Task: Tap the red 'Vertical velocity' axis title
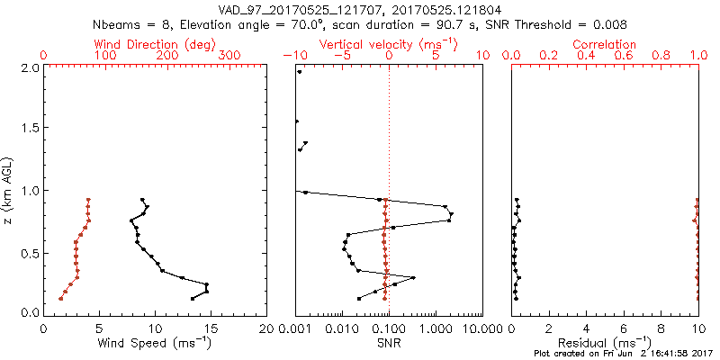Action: click(x=389, y=44)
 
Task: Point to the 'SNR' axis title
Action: click(x=389, y=343)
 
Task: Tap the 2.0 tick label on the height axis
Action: click(x=30, y=67)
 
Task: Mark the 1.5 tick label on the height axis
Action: click(x=30, y=129)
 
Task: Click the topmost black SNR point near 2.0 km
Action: click(x=300, y=71)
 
